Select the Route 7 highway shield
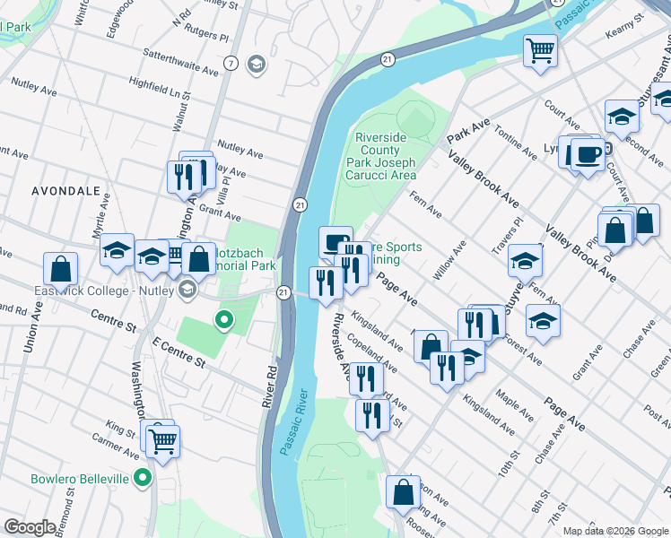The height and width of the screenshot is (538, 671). pyautogui.click(x=231, y=63)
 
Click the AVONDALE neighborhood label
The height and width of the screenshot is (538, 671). pyautogui.click(x=65, y=191)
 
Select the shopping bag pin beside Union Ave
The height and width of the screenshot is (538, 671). pyautogui.click(x=60, y=268)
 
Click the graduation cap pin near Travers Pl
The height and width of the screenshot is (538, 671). pyautogui.click(x=525, y=260)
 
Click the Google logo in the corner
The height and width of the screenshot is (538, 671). pyautogui.click(x=30, y=527)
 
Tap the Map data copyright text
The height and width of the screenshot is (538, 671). pyautogui.click(x=614, y=531)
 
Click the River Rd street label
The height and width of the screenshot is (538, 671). pyautogui.click(x=268, y=386)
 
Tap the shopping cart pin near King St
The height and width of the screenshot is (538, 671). pyautogui.click(x=163, y=439)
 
